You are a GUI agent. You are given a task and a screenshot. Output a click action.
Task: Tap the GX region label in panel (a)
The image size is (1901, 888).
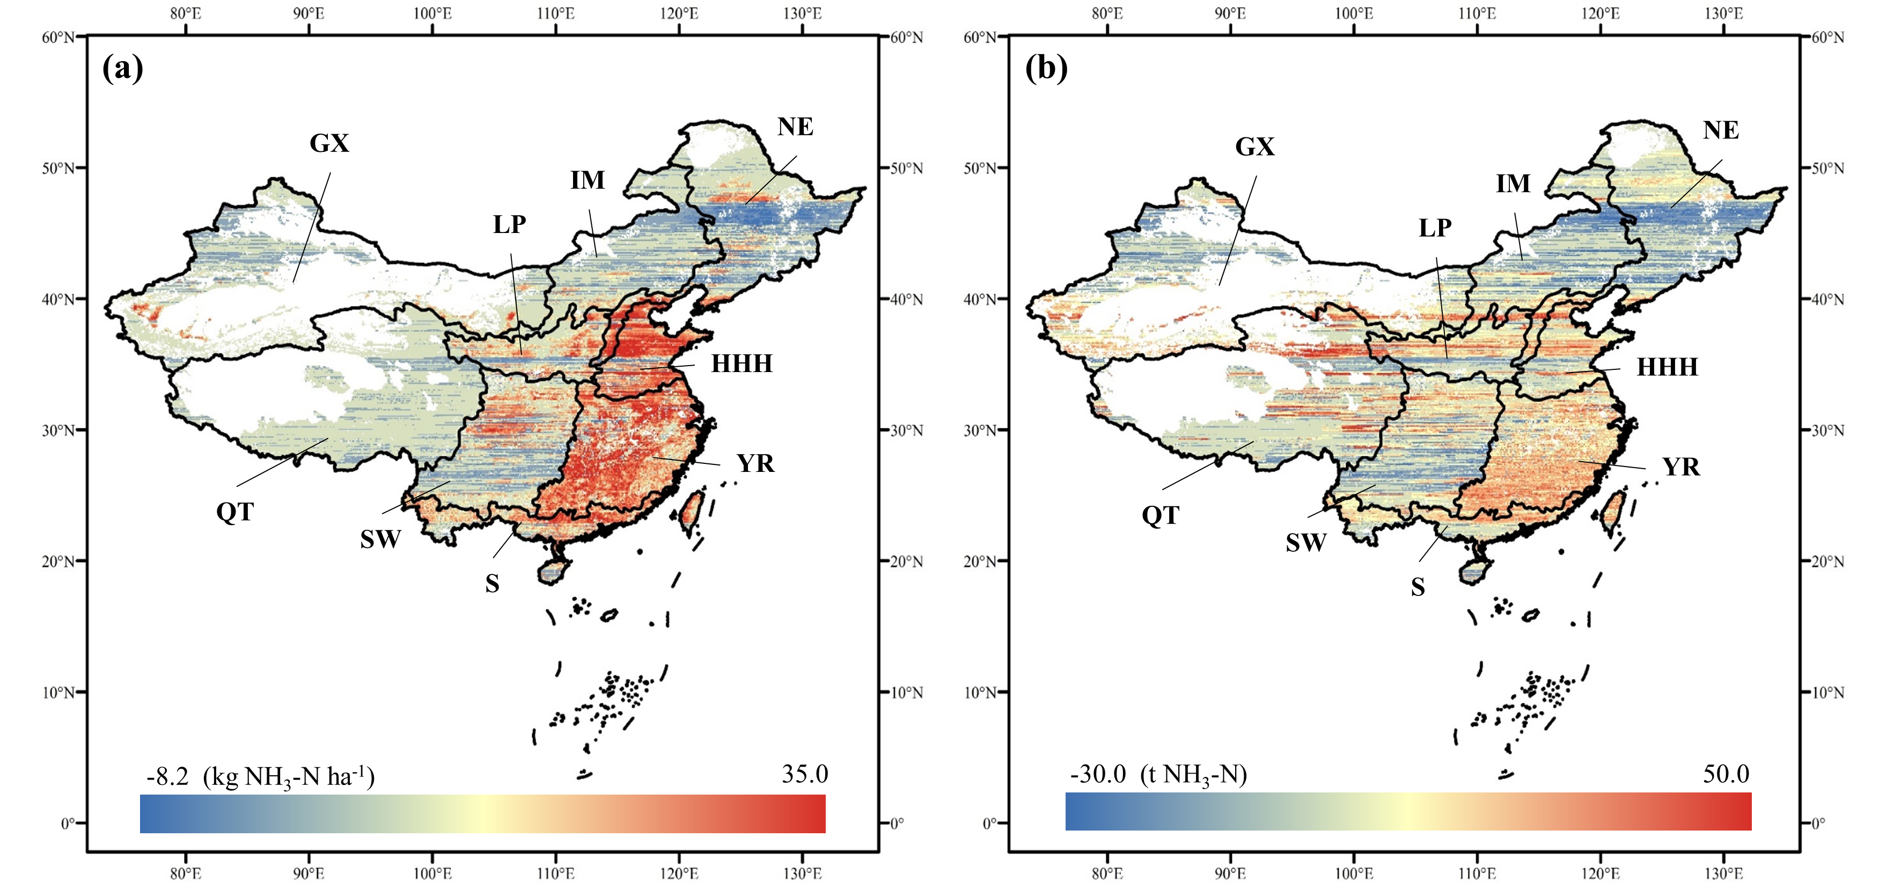pos(329,143)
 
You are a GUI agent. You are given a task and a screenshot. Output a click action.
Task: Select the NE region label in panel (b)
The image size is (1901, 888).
pos(1721,130)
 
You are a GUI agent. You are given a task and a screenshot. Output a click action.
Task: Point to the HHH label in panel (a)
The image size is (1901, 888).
pos(742,364)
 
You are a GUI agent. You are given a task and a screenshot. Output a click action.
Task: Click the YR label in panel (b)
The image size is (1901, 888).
pos(1681,467)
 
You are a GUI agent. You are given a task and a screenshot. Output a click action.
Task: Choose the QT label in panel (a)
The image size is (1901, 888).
pos(234,512)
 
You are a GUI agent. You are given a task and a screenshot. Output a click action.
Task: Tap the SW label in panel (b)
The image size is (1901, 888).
pos(1306,543)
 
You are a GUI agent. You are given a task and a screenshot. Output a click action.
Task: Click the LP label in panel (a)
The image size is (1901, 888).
pos(509,224)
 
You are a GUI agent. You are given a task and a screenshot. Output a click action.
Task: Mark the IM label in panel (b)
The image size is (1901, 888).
pos(1513,184)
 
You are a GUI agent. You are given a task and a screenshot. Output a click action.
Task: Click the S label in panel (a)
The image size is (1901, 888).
pos(492,585)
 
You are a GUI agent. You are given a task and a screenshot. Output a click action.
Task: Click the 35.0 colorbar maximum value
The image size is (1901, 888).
pos(804,774)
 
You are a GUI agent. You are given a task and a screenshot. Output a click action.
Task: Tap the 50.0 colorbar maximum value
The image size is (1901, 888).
pos(1726,774)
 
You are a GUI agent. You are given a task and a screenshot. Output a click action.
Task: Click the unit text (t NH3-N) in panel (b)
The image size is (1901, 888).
pos(1193,775)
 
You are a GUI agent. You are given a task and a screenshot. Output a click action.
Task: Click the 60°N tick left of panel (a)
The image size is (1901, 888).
pos(58,37)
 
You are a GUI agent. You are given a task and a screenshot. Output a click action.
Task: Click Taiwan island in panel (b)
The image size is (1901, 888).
pos(1613,512)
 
